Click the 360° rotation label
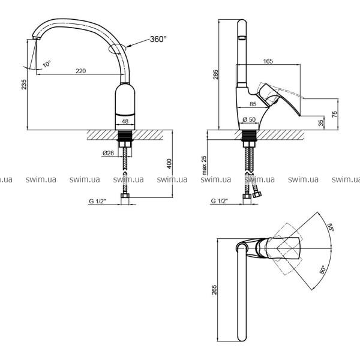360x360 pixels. [x=158, y=39]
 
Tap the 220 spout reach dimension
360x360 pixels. [x=81, y=71]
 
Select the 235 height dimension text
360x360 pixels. [x=24, y=84]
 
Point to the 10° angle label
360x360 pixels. [x=47, y=64]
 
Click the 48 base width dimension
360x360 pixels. [x=125, y=121]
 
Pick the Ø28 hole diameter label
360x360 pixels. [x=108, y=153]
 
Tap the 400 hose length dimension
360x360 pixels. [x=169, y=164]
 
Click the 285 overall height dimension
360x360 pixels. [x=216, y=74]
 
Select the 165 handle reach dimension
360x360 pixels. [x=268, y=61]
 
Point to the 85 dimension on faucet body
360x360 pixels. [x=253, y=104]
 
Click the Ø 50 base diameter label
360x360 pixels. [x=249, y=119]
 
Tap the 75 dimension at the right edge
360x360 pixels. [x=335, y=114]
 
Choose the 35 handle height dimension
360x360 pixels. [x=321, y=122]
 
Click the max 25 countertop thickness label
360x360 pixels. [x=204, y=166]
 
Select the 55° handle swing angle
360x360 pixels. [x=331, y=227]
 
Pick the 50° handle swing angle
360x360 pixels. [x=323, y=269]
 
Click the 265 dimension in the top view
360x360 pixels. [x=214, y=290]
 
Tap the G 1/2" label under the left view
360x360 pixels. [x=97, y=201]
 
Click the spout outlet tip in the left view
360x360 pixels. [x=36, y=38]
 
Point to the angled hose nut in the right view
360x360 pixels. [x=257, y=194]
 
